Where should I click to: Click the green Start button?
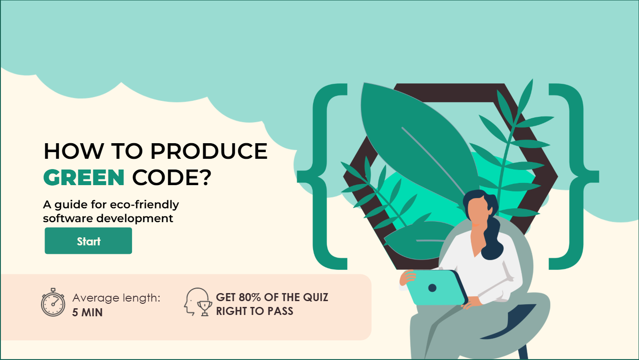pos(88,241)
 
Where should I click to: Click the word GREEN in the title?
pos(83,178)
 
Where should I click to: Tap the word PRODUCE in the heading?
pos(209,151)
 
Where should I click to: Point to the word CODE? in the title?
pos(171,178)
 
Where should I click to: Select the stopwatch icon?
pos(53,303)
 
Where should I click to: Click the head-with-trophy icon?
pos(198,302)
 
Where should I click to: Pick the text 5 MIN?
pos(87,312)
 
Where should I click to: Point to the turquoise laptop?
pos(435,288)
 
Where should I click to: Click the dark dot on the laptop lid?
pos(432,288)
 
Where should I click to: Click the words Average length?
pos(116,298)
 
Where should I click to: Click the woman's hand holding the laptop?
pos(406,278)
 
